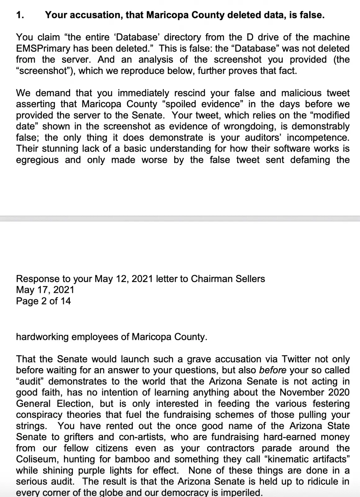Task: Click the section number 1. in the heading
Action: click(20, 15)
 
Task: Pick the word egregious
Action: click(37, 160)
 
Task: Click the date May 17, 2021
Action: click(45, 290)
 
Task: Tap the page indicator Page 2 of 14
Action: click(43, 301)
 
